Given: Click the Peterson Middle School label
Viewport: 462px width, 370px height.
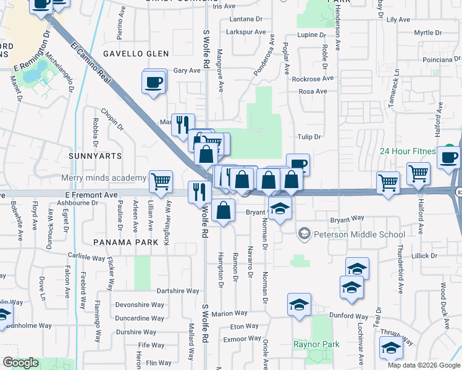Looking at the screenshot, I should tap(359, 234).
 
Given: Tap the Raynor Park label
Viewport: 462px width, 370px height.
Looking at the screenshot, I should tap(316, 344).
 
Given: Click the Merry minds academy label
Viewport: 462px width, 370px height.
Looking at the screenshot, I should tap(104, 178).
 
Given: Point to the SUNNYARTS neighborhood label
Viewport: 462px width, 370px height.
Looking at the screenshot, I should tap(96, 156).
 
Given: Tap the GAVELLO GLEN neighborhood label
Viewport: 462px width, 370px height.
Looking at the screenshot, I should tap(135, 54).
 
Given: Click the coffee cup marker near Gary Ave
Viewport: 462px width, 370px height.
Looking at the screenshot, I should tap(154, 81).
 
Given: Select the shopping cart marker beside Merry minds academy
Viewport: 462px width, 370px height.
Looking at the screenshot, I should tap(161, 181).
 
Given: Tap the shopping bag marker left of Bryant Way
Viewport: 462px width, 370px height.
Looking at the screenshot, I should tap(224, 210).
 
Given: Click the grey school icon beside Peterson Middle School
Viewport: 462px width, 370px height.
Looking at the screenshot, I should tap(303, 234).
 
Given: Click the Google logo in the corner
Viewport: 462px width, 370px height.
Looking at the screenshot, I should tap(21, 363).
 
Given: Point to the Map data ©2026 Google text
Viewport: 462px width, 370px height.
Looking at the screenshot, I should tap(423, 365).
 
